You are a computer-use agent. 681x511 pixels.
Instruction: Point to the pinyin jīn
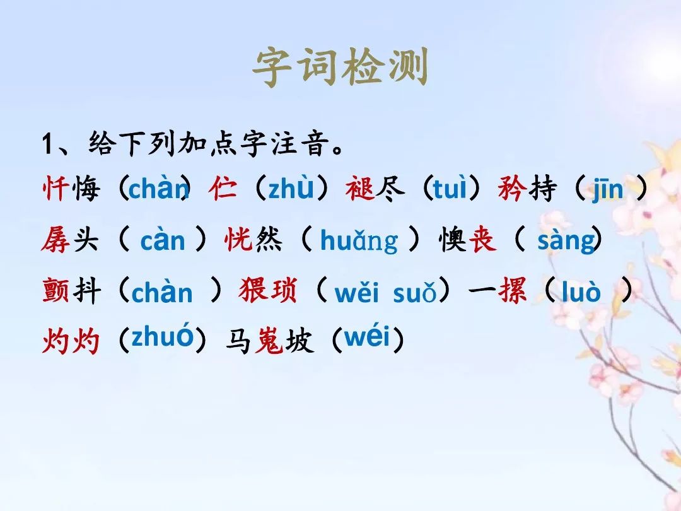click(x=608, y=189)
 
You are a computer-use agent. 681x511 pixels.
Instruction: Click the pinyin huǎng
click(x=359, y=241)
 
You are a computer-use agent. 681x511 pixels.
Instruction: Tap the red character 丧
click(x=482, y=239)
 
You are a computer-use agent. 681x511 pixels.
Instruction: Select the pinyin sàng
click(x=566, y=240)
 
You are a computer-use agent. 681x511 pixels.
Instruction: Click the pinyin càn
click(x=163, y=240)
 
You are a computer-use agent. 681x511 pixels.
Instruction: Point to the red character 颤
click(x=55, y=290)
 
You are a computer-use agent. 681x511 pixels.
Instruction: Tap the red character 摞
click(x=513, y=290)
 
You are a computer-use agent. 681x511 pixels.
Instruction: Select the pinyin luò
click(x=581, y=291)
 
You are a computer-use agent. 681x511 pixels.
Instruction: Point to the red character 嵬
click(x=269, y=341)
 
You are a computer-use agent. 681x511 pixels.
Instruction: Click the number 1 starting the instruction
click(x=47, y=144)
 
